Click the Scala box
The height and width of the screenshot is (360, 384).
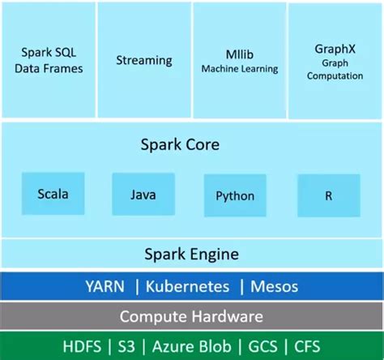[52, 195]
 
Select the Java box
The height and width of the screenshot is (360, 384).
[143, 195]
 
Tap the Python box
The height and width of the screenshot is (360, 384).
[235, 195]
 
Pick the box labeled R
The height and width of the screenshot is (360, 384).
[328, 195]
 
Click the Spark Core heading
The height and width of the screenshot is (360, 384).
[191, 146]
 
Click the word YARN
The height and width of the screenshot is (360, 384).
[108, 286]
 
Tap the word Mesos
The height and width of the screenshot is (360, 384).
[274, 286]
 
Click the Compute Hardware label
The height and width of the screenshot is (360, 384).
[191, 316]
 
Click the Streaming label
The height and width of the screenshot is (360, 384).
[144, 60]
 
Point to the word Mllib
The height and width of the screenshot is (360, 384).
[239, 54]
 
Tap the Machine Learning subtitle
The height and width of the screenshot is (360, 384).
[239, 68]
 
